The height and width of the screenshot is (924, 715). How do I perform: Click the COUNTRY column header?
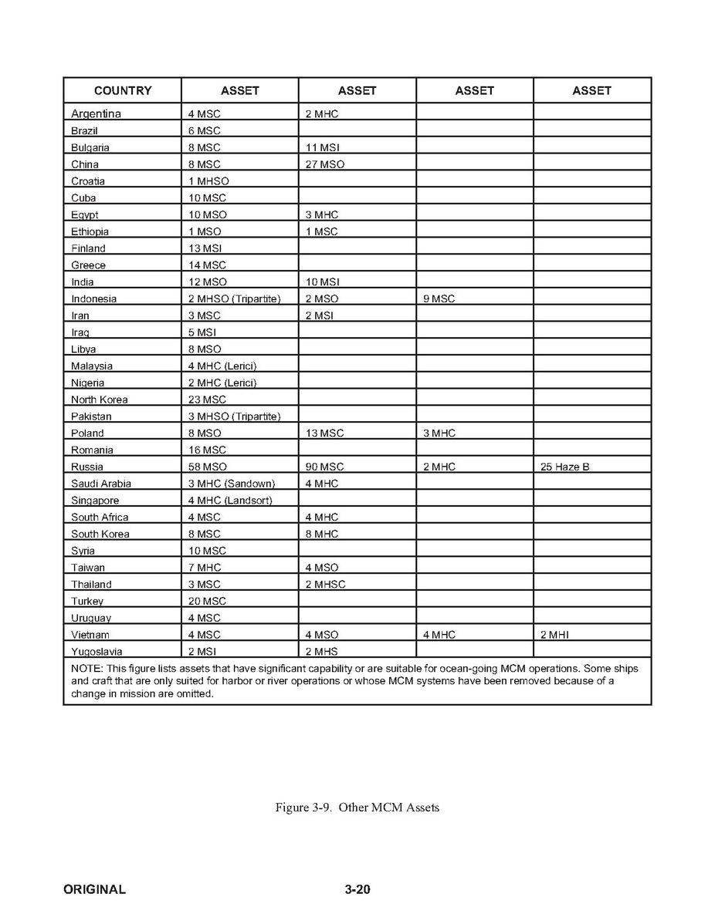click(123, 91)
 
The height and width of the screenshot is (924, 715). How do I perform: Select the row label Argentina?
click(96, 114)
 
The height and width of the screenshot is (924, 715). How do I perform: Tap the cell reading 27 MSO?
click(324, 164)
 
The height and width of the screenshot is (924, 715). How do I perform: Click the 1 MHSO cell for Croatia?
click(208, 181)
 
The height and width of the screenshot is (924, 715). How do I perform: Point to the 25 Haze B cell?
click(565, 467)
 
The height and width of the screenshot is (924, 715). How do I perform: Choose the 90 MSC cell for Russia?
click(324, 467)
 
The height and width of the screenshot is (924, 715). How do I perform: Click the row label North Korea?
click(100, 400)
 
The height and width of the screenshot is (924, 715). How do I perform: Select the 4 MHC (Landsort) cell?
click(230, 501)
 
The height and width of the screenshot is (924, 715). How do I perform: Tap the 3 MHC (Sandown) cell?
click(232, 484)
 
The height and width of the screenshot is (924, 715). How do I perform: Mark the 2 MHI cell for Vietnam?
click(554, 635)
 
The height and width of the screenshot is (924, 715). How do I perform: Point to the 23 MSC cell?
click(207, 400)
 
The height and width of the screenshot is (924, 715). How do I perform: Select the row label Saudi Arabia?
click(101, 484)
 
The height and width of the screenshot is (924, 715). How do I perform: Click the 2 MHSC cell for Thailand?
click(325, 585)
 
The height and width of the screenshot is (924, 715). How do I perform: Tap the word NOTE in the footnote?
click(84, 668)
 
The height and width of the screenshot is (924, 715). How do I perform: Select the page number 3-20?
click(357, 889)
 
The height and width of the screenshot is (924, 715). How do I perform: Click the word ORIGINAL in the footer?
click(94, 889)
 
